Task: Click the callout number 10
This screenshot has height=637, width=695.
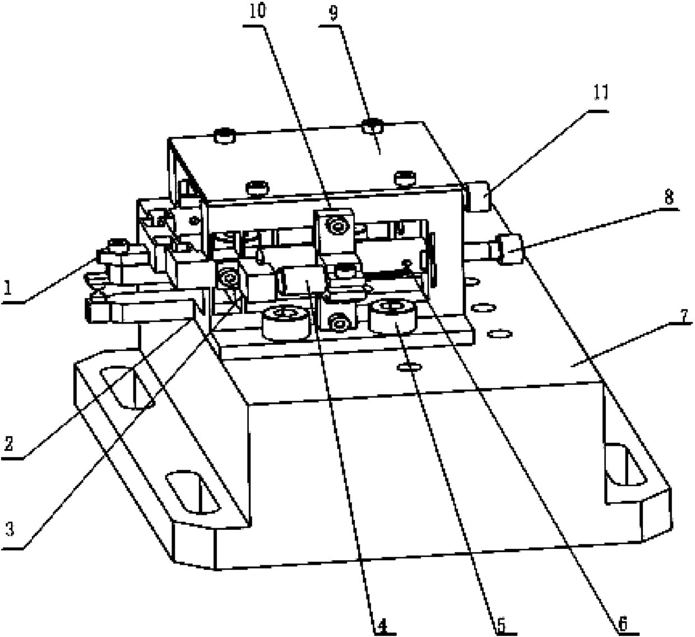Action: tap(257, 11)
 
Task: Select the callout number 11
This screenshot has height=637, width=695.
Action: tap(601, 93)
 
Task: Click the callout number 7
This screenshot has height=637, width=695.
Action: tap(682, 316)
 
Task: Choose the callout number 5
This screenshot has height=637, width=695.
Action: tap(502, 624)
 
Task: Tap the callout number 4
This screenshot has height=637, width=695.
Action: tap(381, 625)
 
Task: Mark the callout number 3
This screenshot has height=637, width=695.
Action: tap(10, 529)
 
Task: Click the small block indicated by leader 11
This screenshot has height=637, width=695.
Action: tap(477, 196)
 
